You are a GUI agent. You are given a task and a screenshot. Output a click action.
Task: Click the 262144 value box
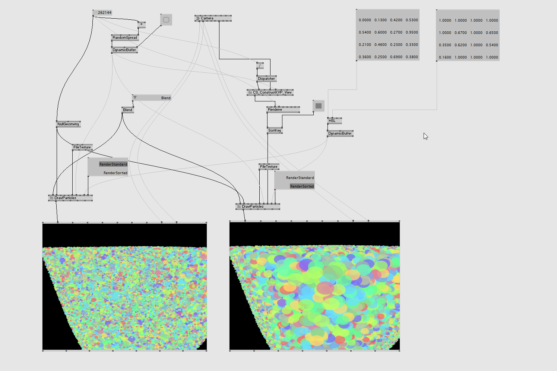click(102, 13)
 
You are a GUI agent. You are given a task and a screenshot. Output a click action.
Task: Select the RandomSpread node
click(125, 38)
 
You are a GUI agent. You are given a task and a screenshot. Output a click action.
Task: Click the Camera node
click(213, 18)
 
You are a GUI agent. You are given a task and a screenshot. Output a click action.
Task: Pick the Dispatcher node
click(266, 79)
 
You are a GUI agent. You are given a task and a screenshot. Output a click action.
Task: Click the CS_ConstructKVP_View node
click(270, 92)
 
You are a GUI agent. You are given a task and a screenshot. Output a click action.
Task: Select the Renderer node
click(283, 110)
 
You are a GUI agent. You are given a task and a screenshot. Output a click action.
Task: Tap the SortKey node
click(275, 131)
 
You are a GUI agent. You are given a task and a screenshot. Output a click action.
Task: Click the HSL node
click(334, 121)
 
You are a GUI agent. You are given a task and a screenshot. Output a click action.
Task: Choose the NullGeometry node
click(68, 124)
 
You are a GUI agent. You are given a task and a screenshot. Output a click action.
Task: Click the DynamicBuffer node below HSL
click(340, 133)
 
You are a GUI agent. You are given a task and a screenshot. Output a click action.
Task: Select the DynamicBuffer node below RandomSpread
click(124, 50)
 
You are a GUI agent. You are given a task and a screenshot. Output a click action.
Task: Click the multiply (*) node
click(142, 25)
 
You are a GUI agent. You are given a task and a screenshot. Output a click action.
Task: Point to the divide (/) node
click(260, 66)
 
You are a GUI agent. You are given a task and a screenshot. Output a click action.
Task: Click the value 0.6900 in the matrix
click(396, 57)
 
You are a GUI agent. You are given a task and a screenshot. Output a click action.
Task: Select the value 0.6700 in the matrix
click(461, 33)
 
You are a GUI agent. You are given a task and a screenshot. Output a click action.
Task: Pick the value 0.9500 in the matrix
click(412, 32)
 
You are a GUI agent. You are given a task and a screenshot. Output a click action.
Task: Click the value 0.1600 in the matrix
click(445, 57)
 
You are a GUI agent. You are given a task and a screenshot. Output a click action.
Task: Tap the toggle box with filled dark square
click(319, 106)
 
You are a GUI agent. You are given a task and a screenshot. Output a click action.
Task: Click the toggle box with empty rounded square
click(166, 20)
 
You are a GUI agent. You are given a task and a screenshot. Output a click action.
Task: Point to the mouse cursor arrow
click(425, 136)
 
